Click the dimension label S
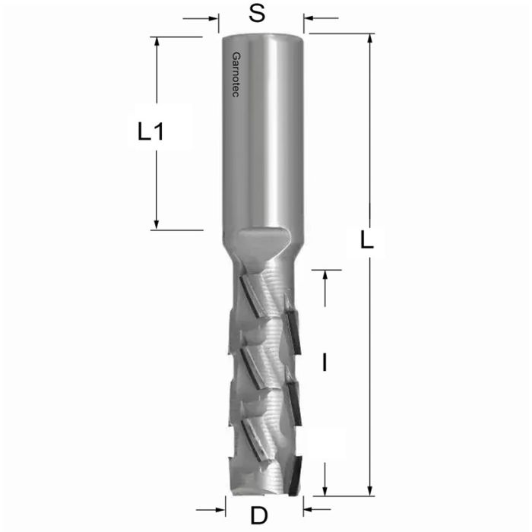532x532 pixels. click(x=258, y=16)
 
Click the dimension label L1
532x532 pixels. click(x=152, y=132)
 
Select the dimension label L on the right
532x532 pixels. click(x=367, y=242)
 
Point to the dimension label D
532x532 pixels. click(x=260, y=516)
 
